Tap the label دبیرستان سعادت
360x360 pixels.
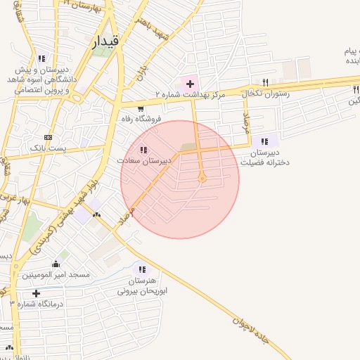click(x=149, y=161)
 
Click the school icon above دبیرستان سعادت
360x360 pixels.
click(x=143, y=150)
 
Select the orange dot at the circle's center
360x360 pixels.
click(x=202, y=179)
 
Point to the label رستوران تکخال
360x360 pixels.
click(x=266, y=93)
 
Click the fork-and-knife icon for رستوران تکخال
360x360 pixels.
click(x=264, y=82)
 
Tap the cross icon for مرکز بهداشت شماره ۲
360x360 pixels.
click(x=190, y=84)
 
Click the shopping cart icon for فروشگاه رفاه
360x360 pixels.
click(x=141, y=108)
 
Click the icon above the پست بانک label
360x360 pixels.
click(x=48, y=137)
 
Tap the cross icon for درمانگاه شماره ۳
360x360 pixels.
click(x=36, y=293)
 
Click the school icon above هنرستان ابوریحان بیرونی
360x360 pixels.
click(x=143, y=269)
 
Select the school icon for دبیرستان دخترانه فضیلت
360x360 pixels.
click(x=265, y=141)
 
